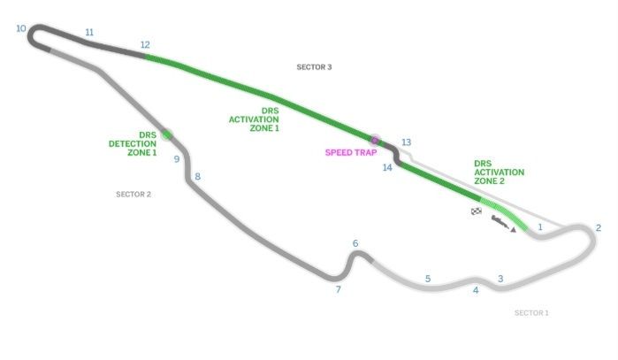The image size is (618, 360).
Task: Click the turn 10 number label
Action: tap(21, 28)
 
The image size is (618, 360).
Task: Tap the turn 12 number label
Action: tap(145, 45)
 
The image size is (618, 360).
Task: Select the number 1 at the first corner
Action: tap(539, 226)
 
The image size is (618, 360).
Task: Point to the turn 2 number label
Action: tap(599, 227)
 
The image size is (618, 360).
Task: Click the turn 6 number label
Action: tap(355, 243)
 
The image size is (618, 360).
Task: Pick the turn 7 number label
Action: tap(338, 289)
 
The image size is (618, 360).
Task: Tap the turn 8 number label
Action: tap(197, 177)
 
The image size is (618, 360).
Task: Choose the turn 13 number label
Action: tap(406, 142)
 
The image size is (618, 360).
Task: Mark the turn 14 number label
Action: tap(387, 167)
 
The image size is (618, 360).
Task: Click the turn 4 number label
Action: tap(476, 290)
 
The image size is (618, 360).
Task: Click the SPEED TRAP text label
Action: tap(351, 152)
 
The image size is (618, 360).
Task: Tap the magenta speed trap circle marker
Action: tap(375, 140)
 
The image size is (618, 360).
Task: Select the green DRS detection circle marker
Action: tap(165, 134)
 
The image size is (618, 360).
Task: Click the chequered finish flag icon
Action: tap(477, 211)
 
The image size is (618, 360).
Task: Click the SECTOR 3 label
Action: tap(314, 67)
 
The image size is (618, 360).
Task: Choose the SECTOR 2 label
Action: tap(134, 194)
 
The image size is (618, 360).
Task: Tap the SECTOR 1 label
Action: tap(531, 312)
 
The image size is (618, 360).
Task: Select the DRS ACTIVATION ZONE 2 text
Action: tap(499, 172)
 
